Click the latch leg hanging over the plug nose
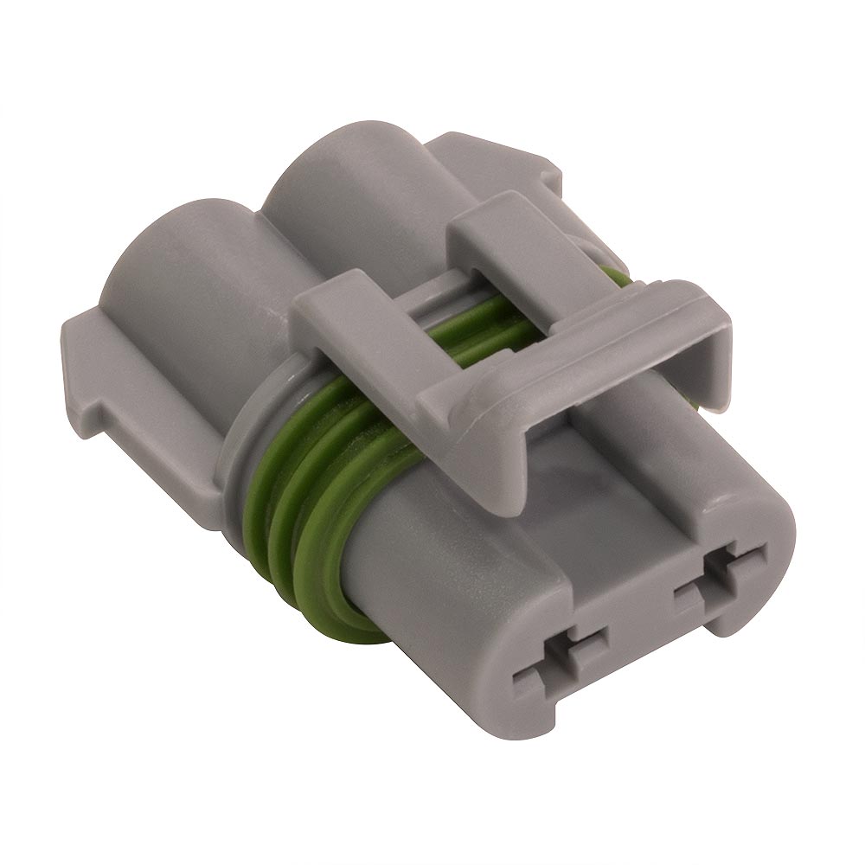(x=484, y=458)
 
